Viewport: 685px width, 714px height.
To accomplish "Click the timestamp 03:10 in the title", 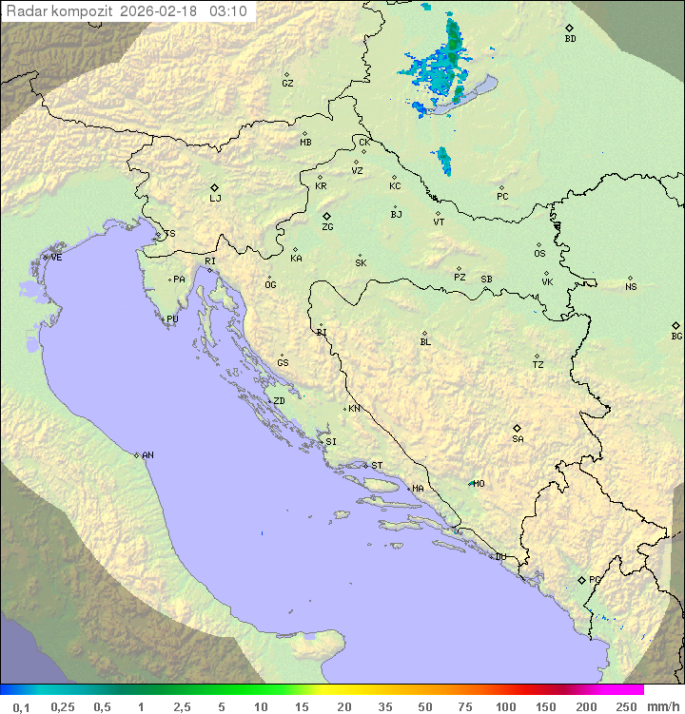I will click(230, 11).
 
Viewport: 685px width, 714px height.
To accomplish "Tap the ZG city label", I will click(327, 227).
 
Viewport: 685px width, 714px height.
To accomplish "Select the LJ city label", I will click(215, 199).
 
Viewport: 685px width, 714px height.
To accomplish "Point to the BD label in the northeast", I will click(570, 39).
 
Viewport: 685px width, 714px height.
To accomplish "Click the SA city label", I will click(518, 439).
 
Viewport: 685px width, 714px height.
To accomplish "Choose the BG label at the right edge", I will click(676, 336).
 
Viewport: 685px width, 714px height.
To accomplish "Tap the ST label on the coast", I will click(377, 466).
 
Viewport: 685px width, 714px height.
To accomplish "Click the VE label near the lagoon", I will click(56, 258).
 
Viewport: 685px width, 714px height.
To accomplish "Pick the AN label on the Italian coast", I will click(147, 455).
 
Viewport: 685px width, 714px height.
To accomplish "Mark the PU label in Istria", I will click(172, 319).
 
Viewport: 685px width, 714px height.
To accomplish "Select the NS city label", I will click(631, 287).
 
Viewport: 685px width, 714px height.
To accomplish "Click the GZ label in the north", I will click(287, 84).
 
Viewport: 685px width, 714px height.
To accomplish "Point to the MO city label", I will click(479, 484).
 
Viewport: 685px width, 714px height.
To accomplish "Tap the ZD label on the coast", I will click(279, 401).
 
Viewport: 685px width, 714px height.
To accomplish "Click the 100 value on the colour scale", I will click(505, 706).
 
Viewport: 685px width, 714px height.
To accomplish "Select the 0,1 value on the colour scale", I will click(21, 706).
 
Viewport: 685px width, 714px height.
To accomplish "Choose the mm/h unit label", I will click(660, 706).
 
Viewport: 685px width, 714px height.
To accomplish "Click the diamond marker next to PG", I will click(581, 579).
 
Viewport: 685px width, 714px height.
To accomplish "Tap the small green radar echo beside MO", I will click(470, 483).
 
